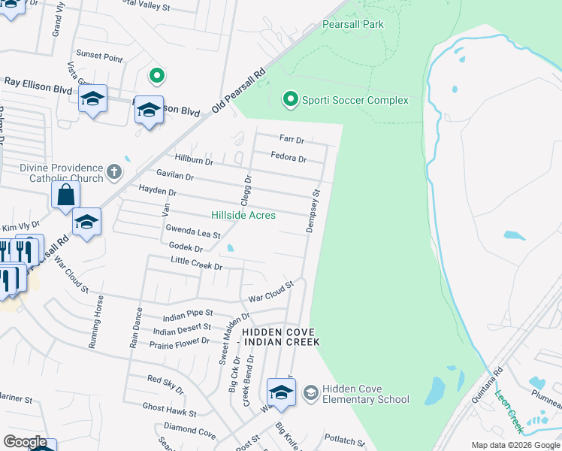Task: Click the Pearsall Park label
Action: click(352, 25)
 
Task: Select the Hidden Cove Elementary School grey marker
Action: click(310, 393)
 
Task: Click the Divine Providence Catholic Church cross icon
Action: click(113, 172)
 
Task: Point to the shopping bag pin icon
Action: click(66, 195)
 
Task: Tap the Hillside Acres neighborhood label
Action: click(243, 216)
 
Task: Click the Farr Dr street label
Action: click(291, 139)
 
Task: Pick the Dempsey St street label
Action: click(313, 211)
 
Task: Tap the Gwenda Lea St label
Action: click(193, 234)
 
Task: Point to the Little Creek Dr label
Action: click(197, 265)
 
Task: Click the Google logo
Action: click(25, 442)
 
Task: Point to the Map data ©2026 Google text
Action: click(515, 445)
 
